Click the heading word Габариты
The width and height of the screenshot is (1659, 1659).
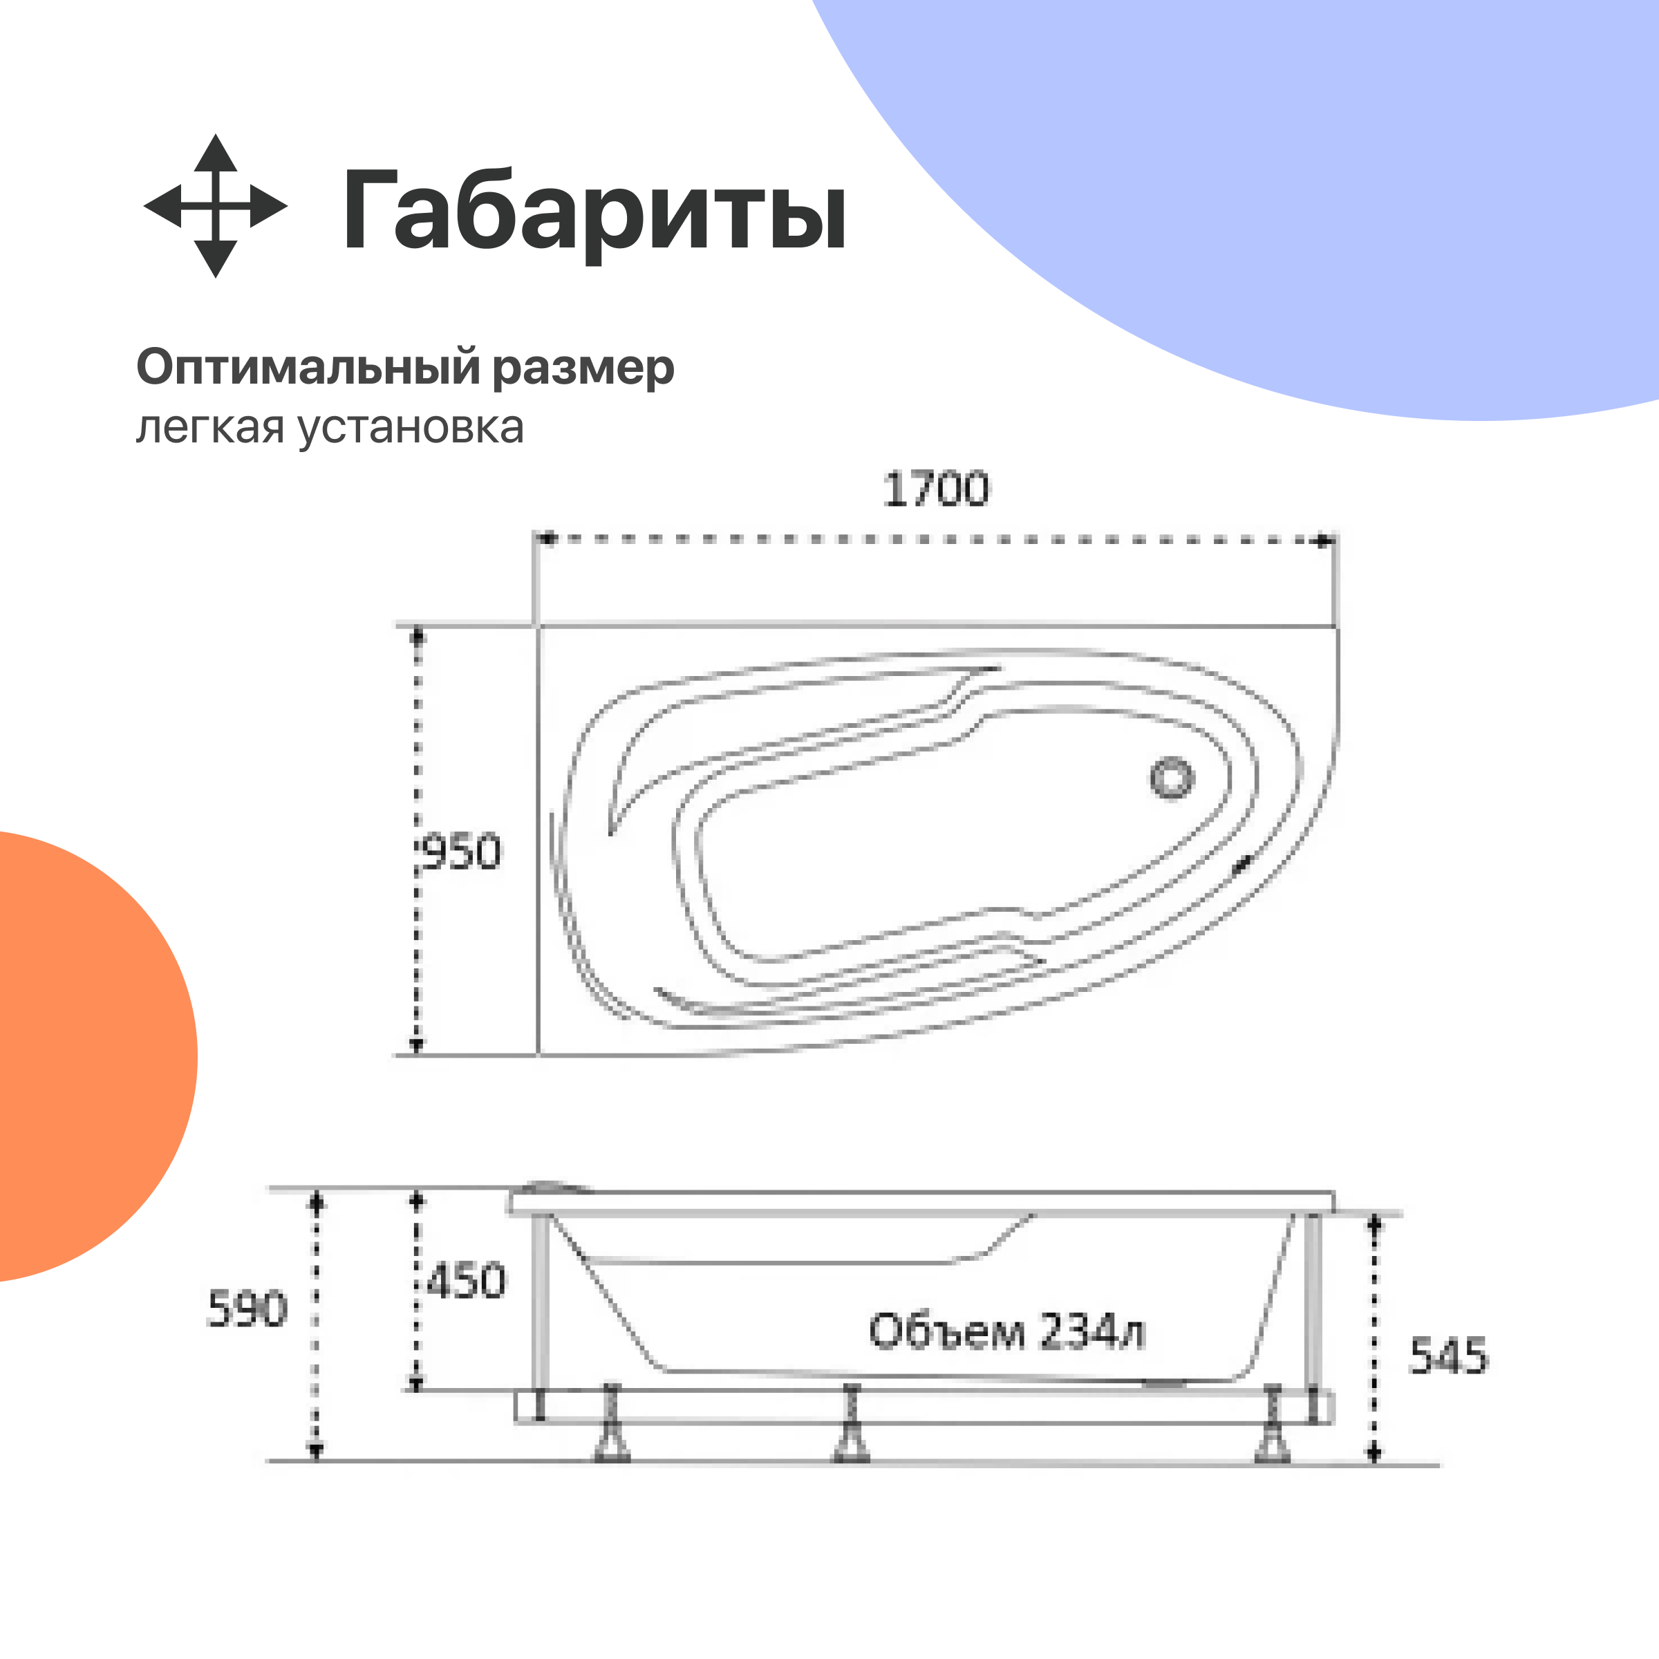tap(594, 210)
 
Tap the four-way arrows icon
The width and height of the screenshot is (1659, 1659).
tap(216, 206)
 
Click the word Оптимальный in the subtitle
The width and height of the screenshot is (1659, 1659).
tap(308, 368)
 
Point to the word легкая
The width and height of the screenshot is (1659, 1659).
tap(209, 427)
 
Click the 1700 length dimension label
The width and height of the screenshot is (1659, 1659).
tap(936, 489)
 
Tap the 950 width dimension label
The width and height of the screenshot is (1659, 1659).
tap(462, 853)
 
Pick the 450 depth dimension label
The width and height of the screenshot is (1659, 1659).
tap(467, 1281)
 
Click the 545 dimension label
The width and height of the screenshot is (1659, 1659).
tap(1447, 1357)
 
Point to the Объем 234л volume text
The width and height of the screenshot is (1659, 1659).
tap(1006, 1332)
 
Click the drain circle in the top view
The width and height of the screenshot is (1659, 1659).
tap(1171, 779)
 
